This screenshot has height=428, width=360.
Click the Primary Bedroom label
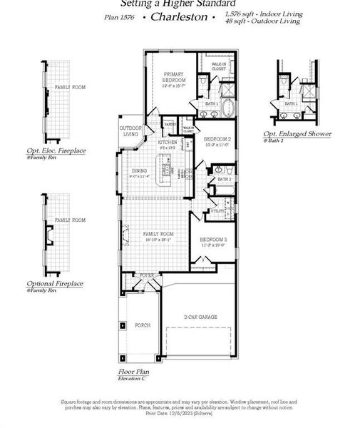[x=173, y=76]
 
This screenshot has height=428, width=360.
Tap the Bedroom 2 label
[x=217, y=139]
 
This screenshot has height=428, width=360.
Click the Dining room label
[x=140, y=170]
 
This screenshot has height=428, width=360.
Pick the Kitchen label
[x=168, y=143]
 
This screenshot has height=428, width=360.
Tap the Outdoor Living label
[x=130, y=132]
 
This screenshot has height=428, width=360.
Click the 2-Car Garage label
[x=200, y=316]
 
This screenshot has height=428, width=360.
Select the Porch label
[x=143, y=325]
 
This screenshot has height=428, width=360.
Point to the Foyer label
[x=146, y=275]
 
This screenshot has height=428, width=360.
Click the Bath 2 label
[x=225, y=179]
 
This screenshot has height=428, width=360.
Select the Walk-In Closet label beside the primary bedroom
[x=219, y=66]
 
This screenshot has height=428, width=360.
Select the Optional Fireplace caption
[x=55, y=283]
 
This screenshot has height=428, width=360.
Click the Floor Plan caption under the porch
[x=135, y=372]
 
